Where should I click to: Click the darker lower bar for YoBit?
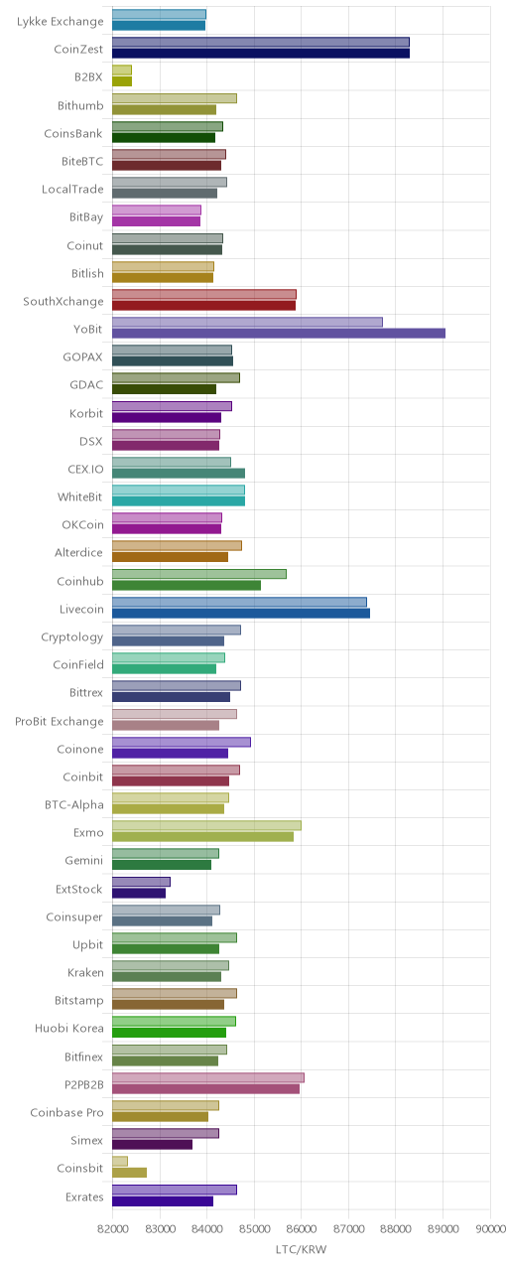[279, 334]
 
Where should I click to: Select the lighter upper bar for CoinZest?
[261, 43]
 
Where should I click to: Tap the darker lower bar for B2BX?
[122, 81]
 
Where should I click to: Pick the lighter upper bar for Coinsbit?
[120, 1161]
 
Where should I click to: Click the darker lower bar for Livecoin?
[241, 613]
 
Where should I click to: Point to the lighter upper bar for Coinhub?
[199, 574]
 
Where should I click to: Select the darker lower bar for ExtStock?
[139, 893]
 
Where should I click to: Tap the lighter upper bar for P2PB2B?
[208, 1077]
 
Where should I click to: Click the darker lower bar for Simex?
[152, 1144]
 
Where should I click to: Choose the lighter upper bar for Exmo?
[206, 826]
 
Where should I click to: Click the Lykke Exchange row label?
[61, 22]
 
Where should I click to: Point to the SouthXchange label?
[63, 302]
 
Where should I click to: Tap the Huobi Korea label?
[69, 1029]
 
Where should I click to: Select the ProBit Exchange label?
[60, 721]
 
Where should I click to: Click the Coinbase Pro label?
[67, 1112]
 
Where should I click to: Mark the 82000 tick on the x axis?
[112, 1228]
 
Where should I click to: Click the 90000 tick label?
[490, 1228]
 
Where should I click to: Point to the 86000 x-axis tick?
[302, 1228]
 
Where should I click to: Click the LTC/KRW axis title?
[302, 1249]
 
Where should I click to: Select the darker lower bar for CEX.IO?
[179, 474]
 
